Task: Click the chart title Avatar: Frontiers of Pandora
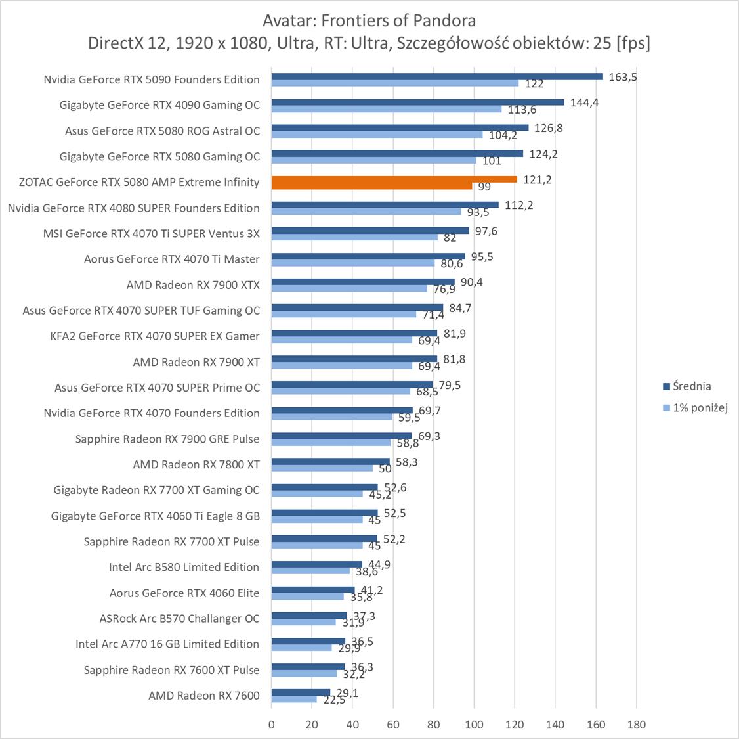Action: pos(369,20)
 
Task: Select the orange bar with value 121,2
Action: pos(394,179)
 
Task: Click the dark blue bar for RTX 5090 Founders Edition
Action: pos(436,76)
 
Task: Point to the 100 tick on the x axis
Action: pos(475,725)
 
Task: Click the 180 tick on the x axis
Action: pos(636,725)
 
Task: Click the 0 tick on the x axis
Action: pos(272,725)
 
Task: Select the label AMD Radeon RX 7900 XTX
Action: pos(193,285)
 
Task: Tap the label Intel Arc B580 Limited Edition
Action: pos(184,567)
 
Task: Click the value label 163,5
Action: pos(623,77)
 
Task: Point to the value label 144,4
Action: pos(584,102)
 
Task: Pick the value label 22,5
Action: pos(333,700)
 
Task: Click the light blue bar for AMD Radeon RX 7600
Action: pos(294,699)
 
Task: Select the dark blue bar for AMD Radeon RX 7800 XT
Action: pos(330,462)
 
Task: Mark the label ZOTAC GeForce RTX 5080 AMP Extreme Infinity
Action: pos(139,182)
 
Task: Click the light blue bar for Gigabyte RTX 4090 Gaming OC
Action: pos(386,109)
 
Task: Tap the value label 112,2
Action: pos(518,205)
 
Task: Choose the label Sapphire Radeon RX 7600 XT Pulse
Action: pos(171,670)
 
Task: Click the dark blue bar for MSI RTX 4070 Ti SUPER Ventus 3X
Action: pos(370,231)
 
